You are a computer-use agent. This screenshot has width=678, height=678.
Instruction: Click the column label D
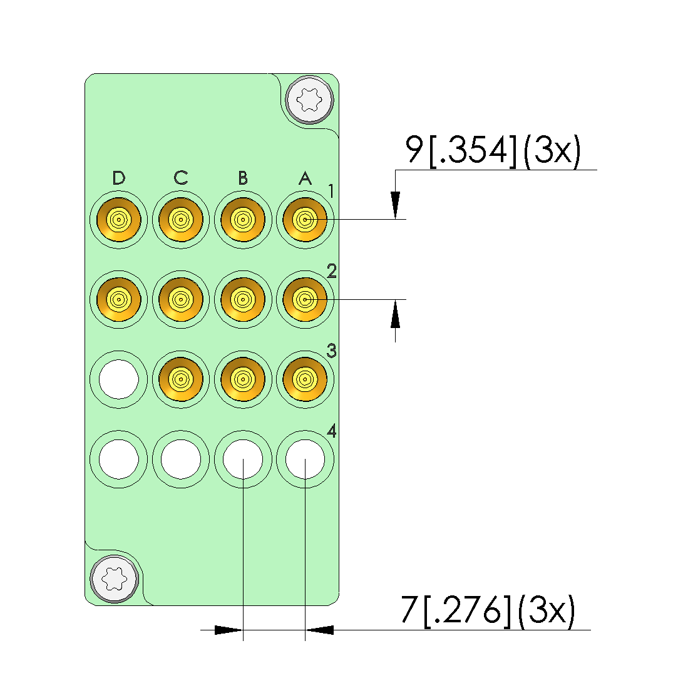(x=119, y=178)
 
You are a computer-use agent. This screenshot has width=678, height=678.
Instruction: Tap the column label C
(x=181, y=178)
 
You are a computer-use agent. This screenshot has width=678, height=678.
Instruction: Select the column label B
(x=243, y=178)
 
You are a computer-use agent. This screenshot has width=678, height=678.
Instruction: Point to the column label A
(x=306, y=178)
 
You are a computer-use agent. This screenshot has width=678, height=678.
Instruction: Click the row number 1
(x=331, y=191)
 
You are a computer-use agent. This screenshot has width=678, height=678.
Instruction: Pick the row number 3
(x=332, y=351)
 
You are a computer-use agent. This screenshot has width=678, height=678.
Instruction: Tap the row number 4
(x=332, y=431)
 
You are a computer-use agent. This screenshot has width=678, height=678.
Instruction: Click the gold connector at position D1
(x=119, y=220)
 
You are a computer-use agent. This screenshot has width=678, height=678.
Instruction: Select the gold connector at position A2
(x=305, y=300)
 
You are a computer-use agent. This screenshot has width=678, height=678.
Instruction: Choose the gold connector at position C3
(x=181, y=379)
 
